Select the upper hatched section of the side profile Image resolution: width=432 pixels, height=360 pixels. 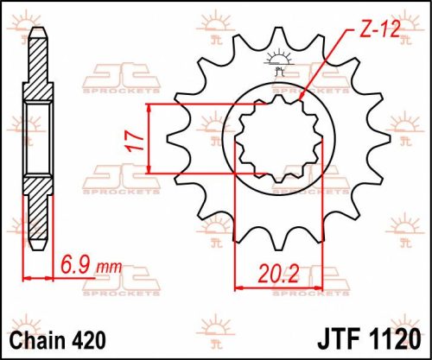pos(37,69)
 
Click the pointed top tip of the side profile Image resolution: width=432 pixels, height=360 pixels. pos(37,30)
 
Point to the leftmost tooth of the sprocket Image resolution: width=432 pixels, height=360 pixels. pos(171,138)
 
